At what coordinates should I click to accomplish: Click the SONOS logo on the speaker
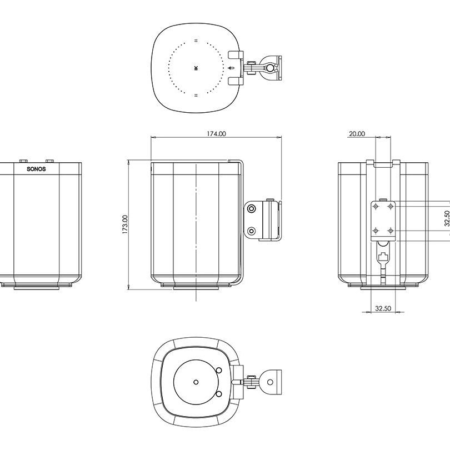(37, 169)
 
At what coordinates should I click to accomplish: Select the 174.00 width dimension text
(216, 134)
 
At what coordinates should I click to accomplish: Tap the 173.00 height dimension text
(125, 224)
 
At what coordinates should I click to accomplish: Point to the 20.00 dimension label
(357, 134)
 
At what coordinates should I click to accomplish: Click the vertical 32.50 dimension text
(447, 218)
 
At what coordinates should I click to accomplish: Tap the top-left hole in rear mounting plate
(377, 206)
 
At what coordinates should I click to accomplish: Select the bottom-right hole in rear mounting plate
(391, 230)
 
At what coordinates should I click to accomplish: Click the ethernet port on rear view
(383, 257)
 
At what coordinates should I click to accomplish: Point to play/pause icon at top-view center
(196, 68)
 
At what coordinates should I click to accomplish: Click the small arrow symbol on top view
(231, 68)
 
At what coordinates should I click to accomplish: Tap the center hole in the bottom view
(196, 382)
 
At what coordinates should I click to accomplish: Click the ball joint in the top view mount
(270, 67)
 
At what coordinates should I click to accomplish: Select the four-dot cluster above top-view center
(196, 40)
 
